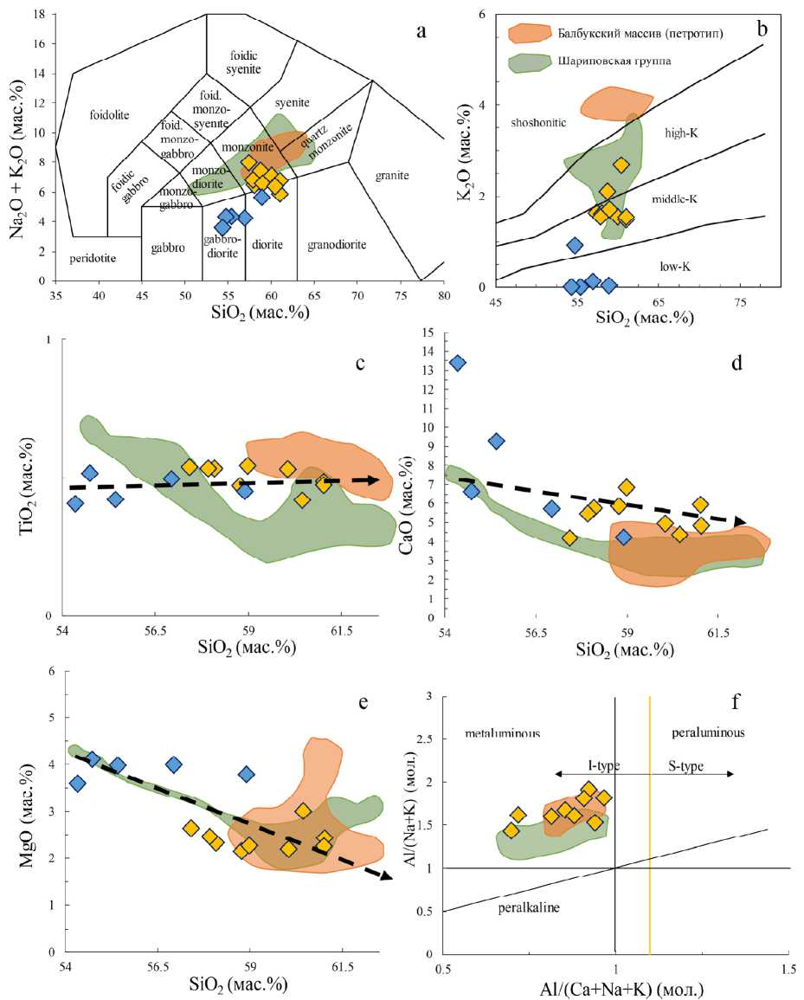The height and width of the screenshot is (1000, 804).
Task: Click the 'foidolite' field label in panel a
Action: point(115,113)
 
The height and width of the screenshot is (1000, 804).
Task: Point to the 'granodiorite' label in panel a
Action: point(338,245)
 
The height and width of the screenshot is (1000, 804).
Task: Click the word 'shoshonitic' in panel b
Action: point(538,122)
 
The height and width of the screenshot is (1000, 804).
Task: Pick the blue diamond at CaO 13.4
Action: point(458,363)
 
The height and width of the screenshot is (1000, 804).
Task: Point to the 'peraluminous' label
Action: point(709,733)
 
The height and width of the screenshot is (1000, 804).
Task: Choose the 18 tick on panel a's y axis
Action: point(40,15)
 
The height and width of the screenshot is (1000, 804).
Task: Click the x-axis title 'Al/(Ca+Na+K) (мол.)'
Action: point(615,988)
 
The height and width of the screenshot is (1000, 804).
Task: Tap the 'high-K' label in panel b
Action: point(683,132)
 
